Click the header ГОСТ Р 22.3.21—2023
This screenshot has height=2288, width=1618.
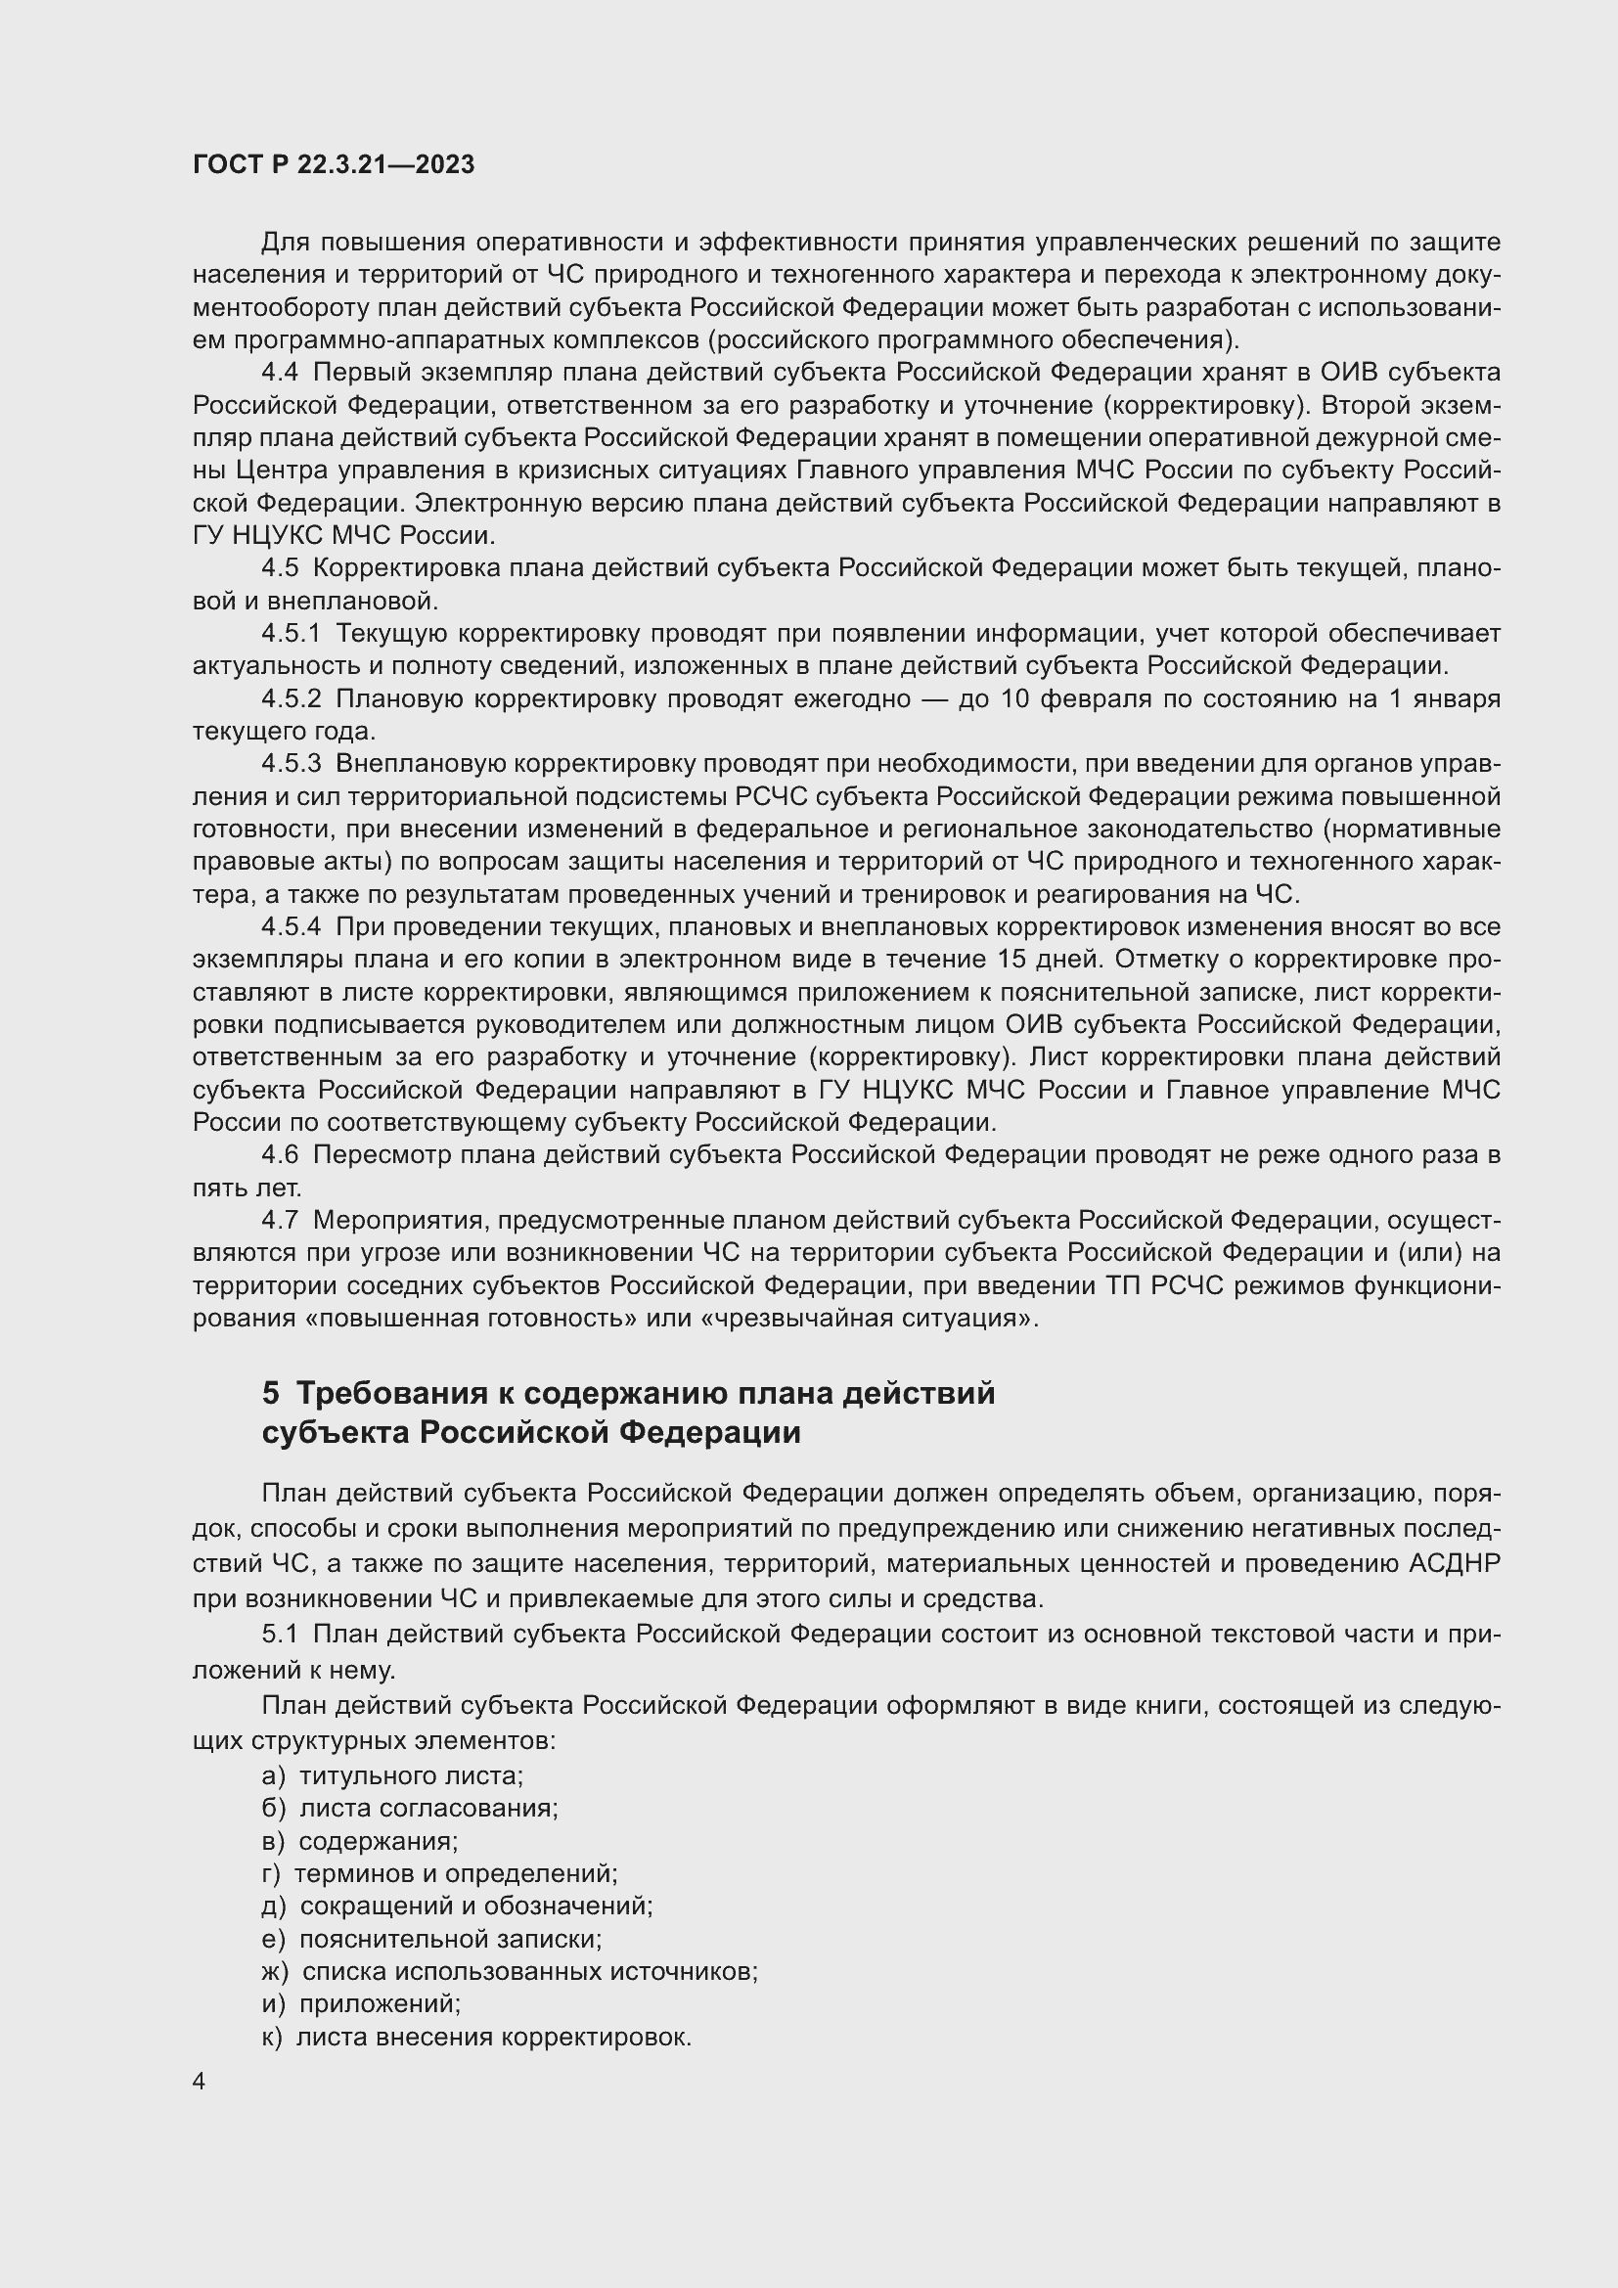pyautogui.click(x=333, y=164)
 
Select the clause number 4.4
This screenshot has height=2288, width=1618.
pyautogui.click(x=279, y=373)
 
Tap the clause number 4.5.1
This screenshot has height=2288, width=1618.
pyautogui.click(x=291, y=634)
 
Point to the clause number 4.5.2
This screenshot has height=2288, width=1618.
pyautogui.click(x=291, y=698)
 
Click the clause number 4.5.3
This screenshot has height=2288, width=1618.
pyautogui.click(x=291, y=764)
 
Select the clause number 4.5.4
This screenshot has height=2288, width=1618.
pyautogui.click(x=291, y=926)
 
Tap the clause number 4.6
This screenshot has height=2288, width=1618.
pyautogui.click(x=279, y=1155)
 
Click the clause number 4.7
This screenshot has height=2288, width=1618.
pyautogui.click(x=279, y=1221)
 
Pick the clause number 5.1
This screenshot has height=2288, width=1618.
pyautogui.click(x=279, y=1635)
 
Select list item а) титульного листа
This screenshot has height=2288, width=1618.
pyautogui.click(x=392, y=1775)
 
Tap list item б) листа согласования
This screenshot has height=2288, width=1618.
pyautogui.click(x=410, y=1809)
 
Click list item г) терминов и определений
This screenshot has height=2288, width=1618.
pyautogui.click(x=439, y=1873)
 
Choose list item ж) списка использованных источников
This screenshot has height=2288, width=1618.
pyautogui.click(x=509, y=1971)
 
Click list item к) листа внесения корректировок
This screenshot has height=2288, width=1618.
pyautogui.click(x=476, y=2037)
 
